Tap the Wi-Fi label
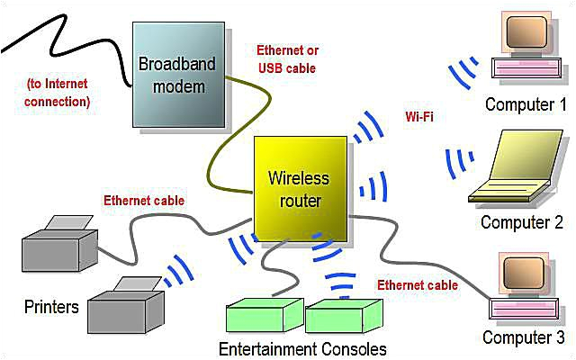tap(422, 117)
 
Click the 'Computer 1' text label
tap(519, 104)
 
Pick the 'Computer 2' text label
tap(521, 222)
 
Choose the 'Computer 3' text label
tap(523, 338)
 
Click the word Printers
tap(51, 307)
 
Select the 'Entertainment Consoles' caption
tap(302, 348)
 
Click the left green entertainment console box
tap(263, 316)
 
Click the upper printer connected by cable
tap(59, 240)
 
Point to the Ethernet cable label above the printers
tap(144, 201)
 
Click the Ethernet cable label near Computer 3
tap(418, 285)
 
